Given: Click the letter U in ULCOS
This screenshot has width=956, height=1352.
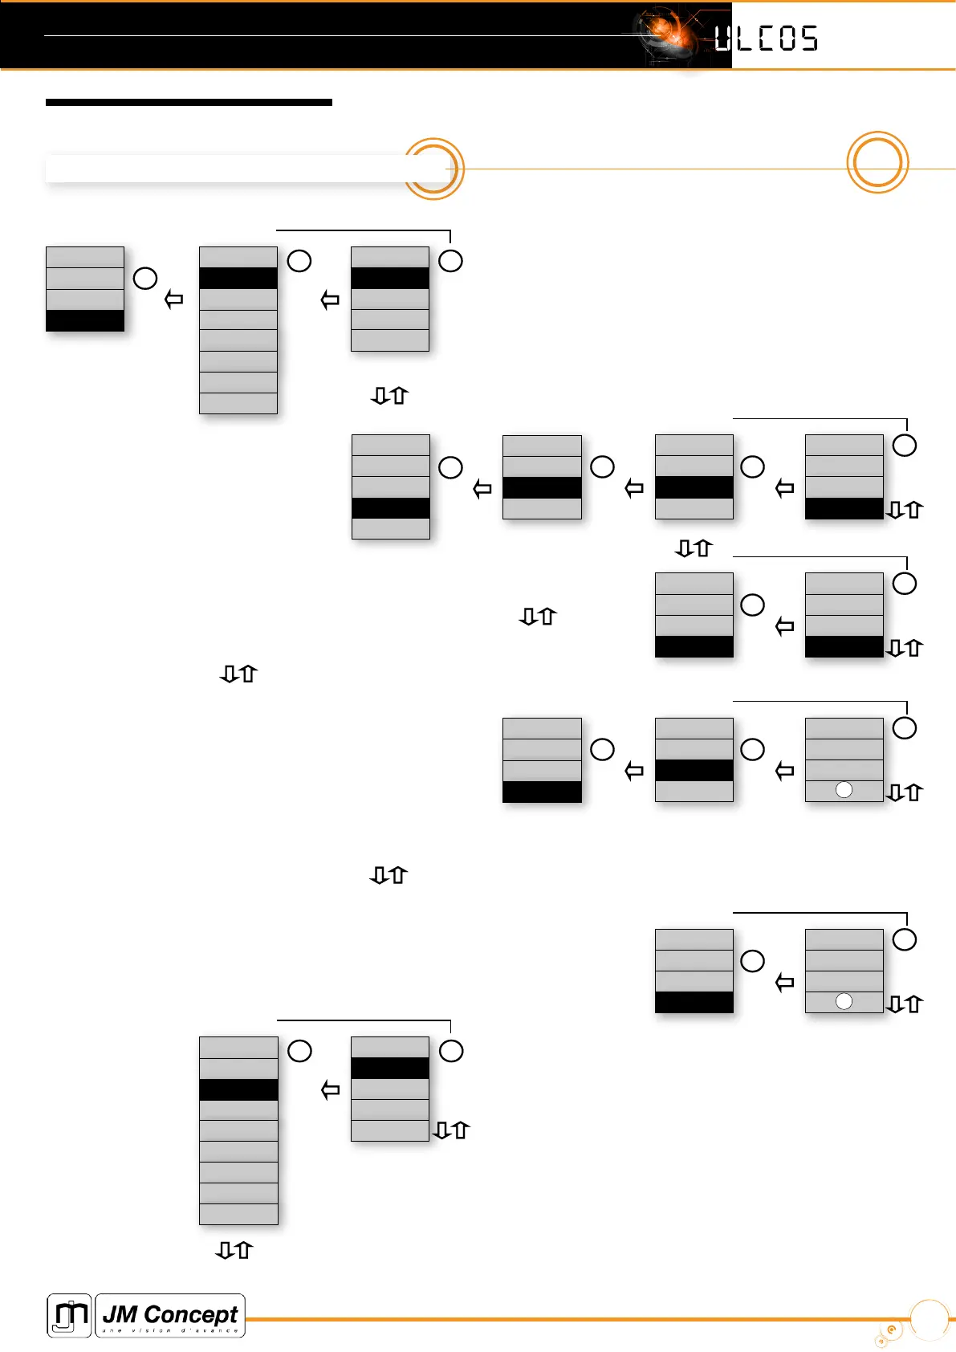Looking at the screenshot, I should tap(722, 39).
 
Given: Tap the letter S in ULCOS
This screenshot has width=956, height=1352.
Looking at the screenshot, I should tap(808, 39).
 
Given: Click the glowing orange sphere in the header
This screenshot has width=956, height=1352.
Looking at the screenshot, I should tap(665, 31).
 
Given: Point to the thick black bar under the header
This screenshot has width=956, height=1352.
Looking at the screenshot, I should tap(189, 102).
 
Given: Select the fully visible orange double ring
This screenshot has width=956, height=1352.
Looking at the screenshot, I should tap(877, 162).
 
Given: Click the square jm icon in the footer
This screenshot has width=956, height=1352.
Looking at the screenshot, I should tap(69, 1315).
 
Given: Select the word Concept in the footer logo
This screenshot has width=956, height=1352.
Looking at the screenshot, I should tap(191, 1314).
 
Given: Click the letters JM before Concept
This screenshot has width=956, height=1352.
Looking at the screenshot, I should tap(120, 1314).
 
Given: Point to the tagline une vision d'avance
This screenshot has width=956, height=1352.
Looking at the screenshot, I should tap(170, 1330).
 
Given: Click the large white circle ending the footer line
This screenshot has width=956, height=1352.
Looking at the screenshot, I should tap(930, 1319).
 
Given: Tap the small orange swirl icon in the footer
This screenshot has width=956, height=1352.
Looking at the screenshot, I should tap(889, 1331).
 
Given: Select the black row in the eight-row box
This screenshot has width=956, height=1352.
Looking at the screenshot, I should tap(238, 278).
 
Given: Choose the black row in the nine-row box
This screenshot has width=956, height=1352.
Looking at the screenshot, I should tap(238, 1089).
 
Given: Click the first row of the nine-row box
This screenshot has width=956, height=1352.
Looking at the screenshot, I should tap(238, 1047).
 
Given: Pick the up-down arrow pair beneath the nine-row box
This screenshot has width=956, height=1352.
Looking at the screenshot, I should tap(234, 1250).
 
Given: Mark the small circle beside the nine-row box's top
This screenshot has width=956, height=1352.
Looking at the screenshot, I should tap(299, 1051).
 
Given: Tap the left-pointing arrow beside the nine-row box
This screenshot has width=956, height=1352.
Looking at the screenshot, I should tap(330, 1090).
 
